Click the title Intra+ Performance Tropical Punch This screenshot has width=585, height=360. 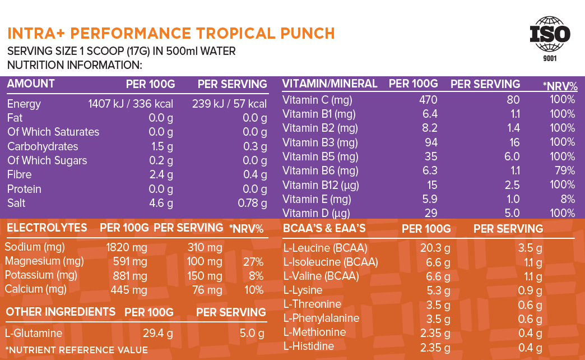pos(171,33)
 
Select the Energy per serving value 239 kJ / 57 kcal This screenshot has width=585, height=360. pos(229,104)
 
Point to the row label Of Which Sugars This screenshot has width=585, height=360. pos(47,160)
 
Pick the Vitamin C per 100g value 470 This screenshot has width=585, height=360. pos(428,100)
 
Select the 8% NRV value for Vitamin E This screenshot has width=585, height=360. pos(568,199)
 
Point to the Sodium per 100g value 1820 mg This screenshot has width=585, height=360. pos(127,247)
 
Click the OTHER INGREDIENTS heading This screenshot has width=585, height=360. pos(61,312)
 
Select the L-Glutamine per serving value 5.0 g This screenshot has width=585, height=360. pos(252,334)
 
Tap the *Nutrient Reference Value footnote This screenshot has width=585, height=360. pos(76,350)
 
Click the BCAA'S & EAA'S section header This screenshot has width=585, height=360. pos(324,228)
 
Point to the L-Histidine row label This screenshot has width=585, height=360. pos(309,347)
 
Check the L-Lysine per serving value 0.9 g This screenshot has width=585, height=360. pos(528,290)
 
